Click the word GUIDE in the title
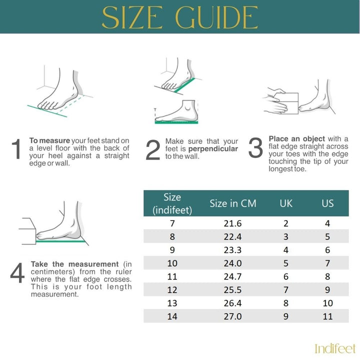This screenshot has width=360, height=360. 216,17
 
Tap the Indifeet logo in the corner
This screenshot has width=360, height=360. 335,348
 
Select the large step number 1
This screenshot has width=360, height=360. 16,149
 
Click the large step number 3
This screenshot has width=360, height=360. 255,147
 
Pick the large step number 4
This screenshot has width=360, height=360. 17,273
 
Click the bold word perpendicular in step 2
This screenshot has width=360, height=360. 213,149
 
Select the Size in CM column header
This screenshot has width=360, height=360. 233,203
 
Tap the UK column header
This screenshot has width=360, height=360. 286,203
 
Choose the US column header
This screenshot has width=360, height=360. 327,203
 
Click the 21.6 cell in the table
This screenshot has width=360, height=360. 232,223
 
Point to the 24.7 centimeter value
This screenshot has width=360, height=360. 232,276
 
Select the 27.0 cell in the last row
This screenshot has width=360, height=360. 232,316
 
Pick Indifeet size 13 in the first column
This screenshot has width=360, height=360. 172,303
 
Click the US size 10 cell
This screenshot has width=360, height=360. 327,303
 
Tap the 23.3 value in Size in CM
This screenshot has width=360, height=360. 232,250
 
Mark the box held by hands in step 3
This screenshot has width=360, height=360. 286,103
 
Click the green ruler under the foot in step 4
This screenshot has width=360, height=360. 60,241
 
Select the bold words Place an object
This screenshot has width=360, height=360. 297,139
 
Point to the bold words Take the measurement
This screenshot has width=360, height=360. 75,264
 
